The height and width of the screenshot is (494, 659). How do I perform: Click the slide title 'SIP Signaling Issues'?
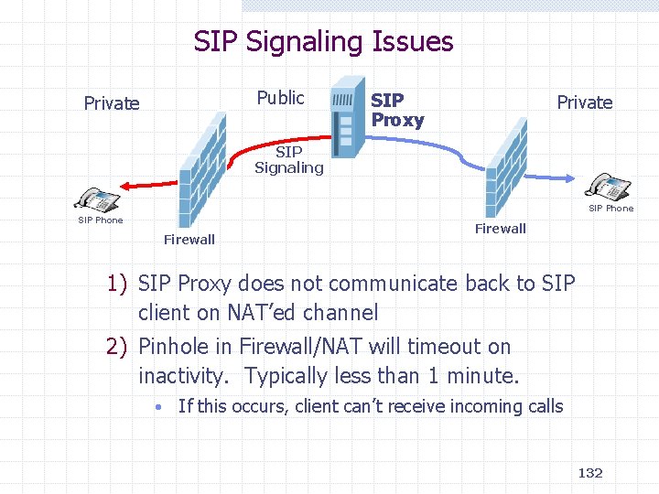coord(323,41)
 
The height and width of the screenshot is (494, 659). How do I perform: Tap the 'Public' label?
coord(280,98)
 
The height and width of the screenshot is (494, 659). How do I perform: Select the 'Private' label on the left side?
coord(112,103)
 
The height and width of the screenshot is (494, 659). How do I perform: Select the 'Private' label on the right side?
coord(584,102)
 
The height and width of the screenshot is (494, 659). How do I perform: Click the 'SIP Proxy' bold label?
coord(397,110)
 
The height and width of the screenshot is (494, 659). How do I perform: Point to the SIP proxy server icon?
coord(345,123)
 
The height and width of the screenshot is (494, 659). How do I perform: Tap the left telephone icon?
coord(97,199)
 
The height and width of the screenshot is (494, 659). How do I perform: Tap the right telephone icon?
coord(609,187)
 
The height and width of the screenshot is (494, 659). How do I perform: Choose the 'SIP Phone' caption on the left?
coord(101,220)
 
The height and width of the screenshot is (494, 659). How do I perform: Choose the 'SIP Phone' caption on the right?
coord(610,209)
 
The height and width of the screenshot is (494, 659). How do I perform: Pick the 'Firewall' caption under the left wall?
coord(189,240)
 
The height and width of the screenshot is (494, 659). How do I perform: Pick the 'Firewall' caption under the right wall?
coord(500,229)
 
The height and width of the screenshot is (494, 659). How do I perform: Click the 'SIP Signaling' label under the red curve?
coord(288,160)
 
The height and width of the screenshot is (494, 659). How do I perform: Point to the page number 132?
coord(590,472)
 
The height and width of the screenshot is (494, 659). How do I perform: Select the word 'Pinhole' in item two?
coord(172,347)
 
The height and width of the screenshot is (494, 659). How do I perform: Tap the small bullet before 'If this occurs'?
coord(158,407)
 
